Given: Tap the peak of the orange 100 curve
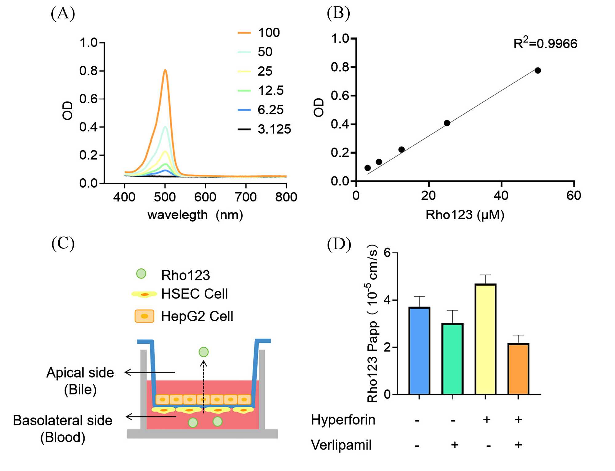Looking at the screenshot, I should click(165, 70).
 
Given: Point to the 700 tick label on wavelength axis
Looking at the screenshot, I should click(246, 197).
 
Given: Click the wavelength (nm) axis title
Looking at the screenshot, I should click(195, 215).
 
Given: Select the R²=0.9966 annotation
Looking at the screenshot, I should click(545, 43).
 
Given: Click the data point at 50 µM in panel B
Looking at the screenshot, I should click(538, 70).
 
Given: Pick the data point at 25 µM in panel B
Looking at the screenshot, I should click(447, 123).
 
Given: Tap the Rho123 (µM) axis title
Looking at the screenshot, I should click(465, 215).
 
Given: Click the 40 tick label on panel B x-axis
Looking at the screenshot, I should click(501, 196).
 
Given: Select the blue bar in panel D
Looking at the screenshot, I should click(419, 350).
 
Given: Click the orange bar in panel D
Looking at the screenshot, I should click(518, 369).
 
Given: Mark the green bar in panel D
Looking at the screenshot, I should click(452, 359).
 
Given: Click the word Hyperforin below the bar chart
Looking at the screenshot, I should click(343, 420).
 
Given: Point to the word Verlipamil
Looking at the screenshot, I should click(341, 445).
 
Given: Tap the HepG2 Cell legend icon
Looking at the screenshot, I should click(144, 316).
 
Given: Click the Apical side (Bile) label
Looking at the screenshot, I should click(80, 381).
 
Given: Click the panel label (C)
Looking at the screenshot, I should click(63, 243).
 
